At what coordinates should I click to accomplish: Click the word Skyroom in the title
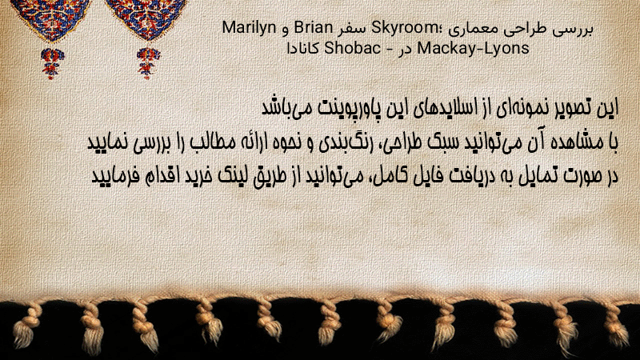(402, 28)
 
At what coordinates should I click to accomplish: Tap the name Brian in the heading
(314, 28)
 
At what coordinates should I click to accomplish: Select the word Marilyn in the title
(249, 28)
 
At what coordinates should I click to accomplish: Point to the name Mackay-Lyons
(473, 49)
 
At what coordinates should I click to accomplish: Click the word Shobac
(353, 49)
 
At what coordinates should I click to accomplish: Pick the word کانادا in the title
(302, 49)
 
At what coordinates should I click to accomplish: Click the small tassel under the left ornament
(52, 62)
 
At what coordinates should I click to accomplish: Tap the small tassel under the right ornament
(148, 62)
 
